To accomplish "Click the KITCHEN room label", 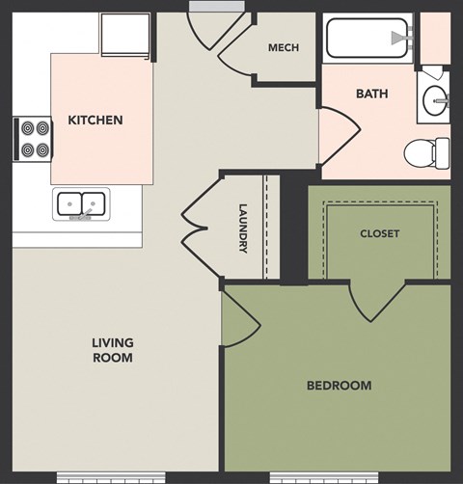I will click(95, 121).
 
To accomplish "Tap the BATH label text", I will click(371, 94).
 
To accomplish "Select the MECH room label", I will click(283, 48).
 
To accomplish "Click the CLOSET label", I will click(379, 233).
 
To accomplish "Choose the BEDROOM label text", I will click(339, 386).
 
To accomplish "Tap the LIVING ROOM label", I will click(113, 350).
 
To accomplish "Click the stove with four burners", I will click(34, 139).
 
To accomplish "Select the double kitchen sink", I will click(81, 203).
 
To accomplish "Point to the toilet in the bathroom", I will click(427, 151).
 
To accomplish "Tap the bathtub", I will click(367, 38).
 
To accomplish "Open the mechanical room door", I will click(234, 48).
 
